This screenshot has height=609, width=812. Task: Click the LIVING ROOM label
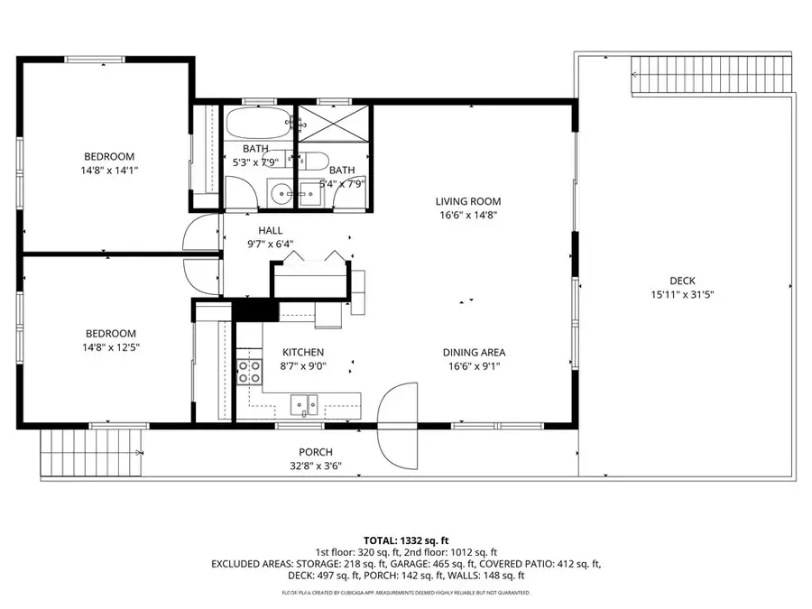(x=467, y=201)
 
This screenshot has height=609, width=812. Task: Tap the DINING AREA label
(x=473, y=353)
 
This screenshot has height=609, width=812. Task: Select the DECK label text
(x=682, y=281)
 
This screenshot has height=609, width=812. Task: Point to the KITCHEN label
(x=302, y=353)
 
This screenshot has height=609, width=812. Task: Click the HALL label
(x=271, y=230)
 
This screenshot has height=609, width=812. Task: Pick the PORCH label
(x=316, y=452)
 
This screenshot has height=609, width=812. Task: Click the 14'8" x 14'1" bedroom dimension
(x=109, y=170)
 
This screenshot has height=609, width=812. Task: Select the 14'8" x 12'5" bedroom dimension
(x=109, y=346)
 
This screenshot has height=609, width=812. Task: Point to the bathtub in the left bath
(x=258, y=122)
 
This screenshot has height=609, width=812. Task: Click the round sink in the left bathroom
(x=279, y=191)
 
